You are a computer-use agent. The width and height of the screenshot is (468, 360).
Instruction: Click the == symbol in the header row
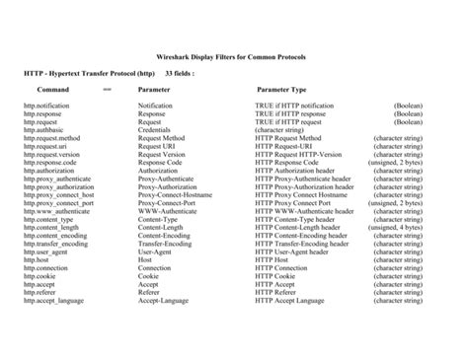(107, 89)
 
